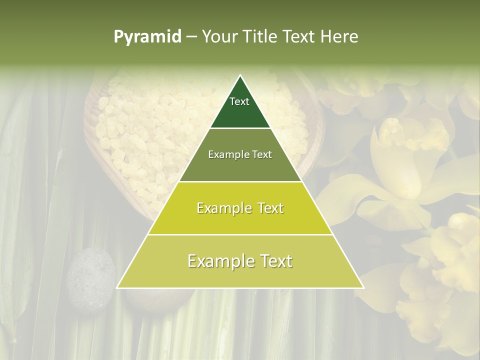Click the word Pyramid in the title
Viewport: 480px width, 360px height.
tap(147, 37)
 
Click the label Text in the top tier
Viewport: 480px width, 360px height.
tap(239, 101)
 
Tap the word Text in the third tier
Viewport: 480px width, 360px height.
tap(268, 208)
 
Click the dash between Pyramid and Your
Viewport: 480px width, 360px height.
tap(191, 37)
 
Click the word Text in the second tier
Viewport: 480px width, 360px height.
tap(262, 155)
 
